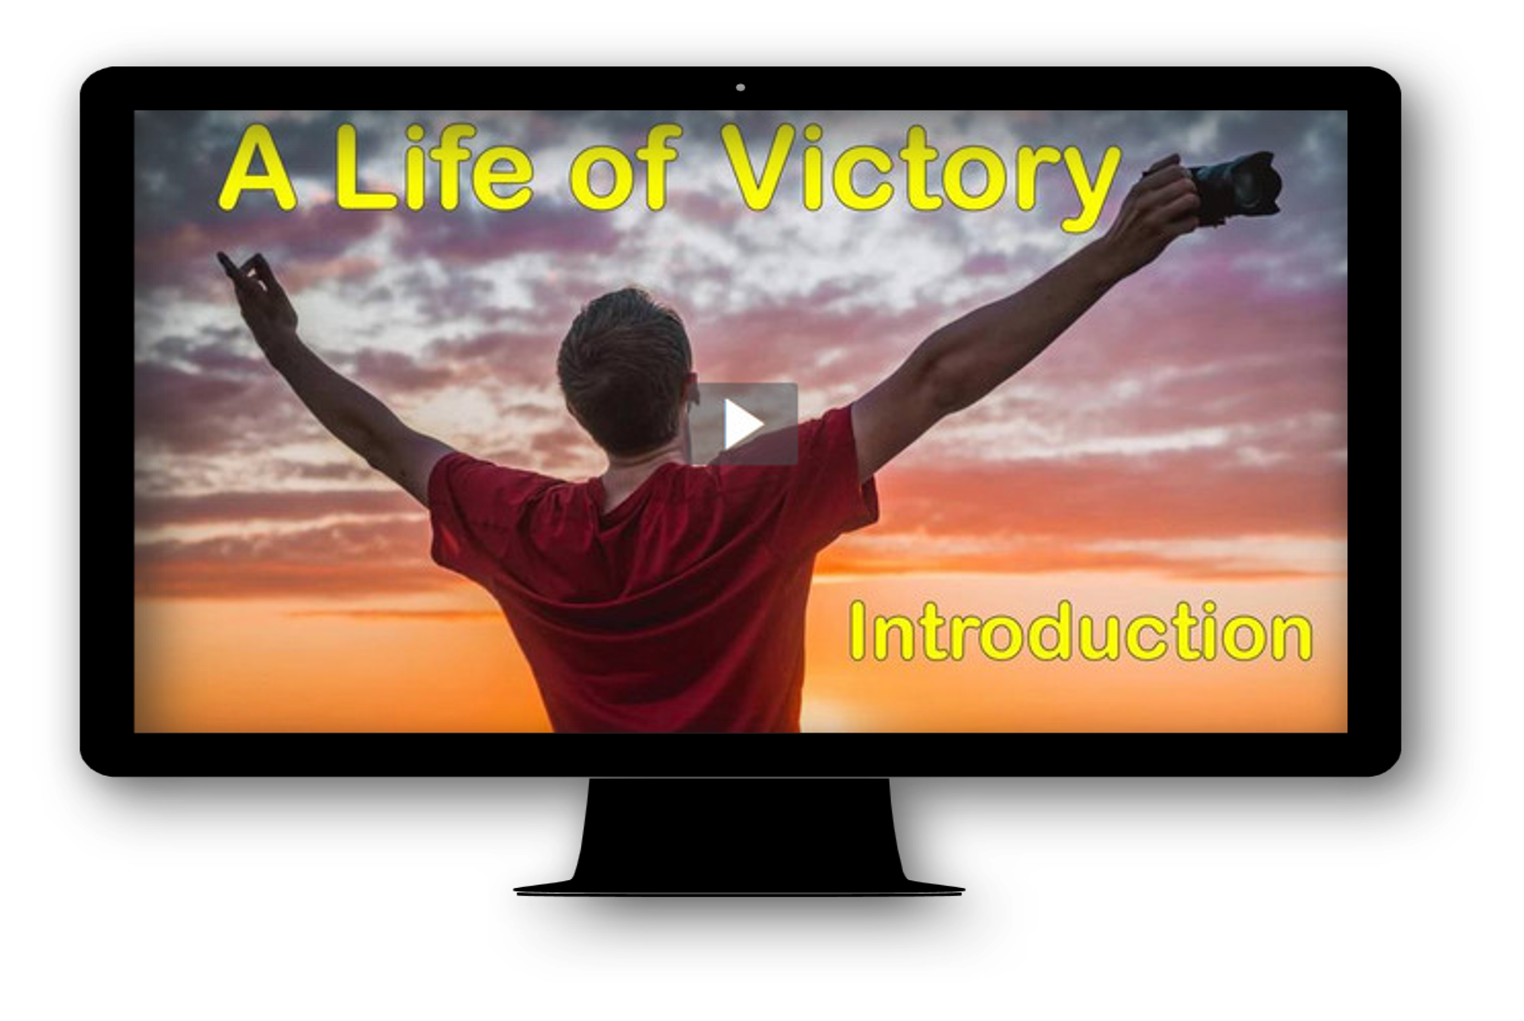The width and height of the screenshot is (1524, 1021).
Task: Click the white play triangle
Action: [x=742, y=424]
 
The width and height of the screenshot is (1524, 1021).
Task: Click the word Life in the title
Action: [x=434, y=167]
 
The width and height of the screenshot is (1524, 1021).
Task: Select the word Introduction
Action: [x=1080, y=631]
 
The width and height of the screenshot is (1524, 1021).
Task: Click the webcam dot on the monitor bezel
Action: [x=740, y=87]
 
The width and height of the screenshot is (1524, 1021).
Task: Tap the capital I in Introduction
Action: [x=857, y=630]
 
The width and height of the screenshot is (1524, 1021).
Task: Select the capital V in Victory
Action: [x=758, y=167]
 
